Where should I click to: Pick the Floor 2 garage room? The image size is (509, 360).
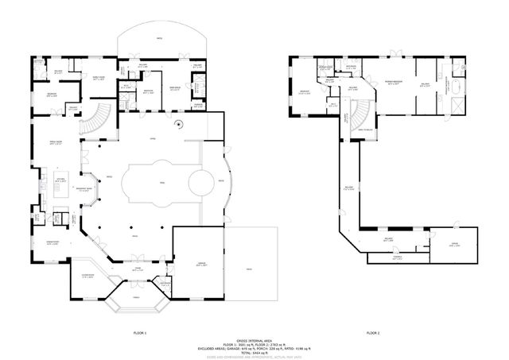pos(455,245)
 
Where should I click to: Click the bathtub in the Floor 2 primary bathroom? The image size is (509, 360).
pos(460,82)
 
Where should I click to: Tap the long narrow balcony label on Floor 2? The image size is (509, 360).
pos(349,188)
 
